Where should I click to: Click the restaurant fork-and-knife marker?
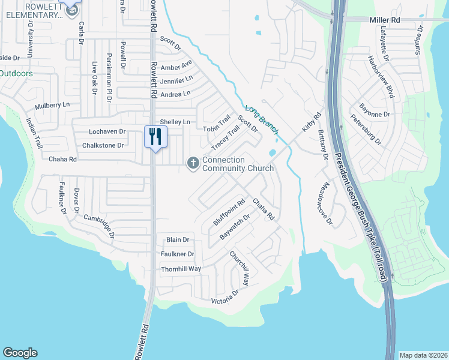pyautogui.click(x=155, y=137)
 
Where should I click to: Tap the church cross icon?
pyautogui.click(x=193, y=162)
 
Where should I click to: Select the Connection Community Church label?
pyautogui.click(x=238, y=164)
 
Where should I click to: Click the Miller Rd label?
pyautogui.click(x=384, y=20)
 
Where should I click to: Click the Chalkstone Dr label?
pyautogui.click(x=103, y=145)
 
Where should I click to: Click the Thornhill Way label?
pyautogui.click(x=181, y=269)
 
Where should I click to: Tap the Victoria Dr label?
pyautogui.click(x=224, y=296)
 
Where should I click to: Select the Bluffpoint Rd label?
pyautogui.click(x=230, y=212)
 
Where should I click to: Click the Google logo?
pyautogui.click(x=20, y=353)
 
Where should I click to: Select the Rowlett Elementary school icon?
pyautogui.click(x=71, y=8)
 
